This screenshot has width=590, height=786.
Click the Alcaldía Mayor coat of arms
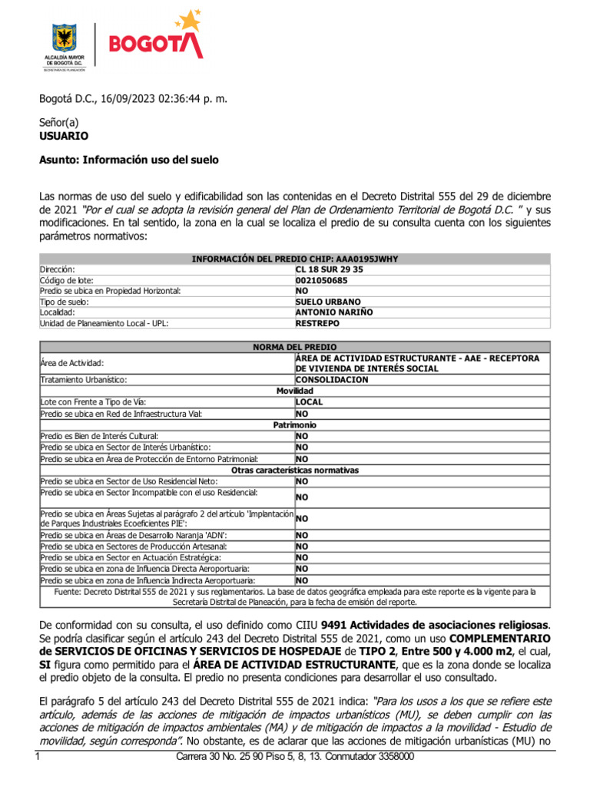65,38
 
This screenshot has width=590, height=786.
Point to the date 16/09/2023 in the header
114,99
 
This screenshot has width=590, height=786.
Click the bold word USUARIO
64,136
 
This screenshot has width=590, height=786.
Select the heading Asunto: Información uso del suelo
128,160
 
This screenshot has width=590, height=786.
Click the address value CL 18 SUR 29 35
330,270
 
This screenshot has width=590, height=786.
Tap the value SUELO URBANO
327,302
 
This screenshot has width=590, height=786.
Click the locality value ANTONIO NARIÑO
333,313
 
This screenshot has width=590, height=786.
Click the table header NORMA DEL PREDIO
294,347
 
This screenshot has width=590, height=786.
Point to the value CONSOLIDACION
332,380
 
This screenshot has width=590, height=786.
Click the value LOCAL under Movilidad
309,402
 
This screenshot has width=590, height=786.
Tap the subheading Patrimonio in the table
295,424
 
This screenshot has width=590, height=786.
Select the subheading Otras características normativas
295,470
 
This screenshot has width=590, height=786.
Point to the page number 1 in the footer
38,758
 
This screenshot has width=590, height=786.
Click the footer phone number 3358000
395,758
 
